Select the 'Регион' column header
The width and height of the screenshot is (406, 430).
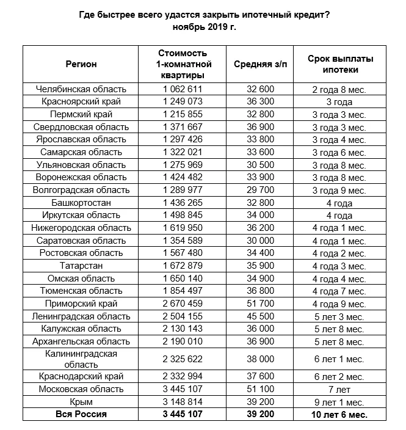click(81, 64)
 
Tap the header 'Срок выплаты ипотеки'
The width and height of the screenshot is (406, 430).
click(339, 64)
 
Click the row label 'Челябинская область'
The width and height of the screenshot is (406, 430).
click(82, 89)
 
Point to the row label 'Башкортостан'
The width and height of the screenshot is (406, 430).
click(82, 203)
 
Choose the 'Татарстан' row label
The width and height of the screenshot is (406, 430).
click(82, 266)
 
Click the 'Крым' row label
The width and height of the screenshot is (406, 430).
click(82, 402)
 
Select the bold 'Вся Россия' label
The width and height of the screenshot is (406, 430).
click(82, 415)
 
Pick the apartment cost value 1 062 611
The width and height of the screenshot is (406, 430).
click(182, 89)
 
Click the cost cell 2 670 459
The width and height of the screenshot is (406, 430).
click(182, 304)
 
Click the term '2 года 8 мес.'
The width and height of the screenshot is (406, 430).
click(339, 89)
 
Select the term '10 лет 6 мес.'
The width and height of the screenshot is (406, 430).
click(339, 415)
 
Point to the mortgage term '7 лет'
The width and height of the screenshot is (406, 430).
click(339, 389)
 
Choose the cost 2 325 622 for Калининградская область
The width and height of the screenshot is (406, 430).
click(182, 359)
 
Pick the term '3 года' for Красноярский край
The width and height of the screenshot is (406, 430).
click(339, 102)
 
